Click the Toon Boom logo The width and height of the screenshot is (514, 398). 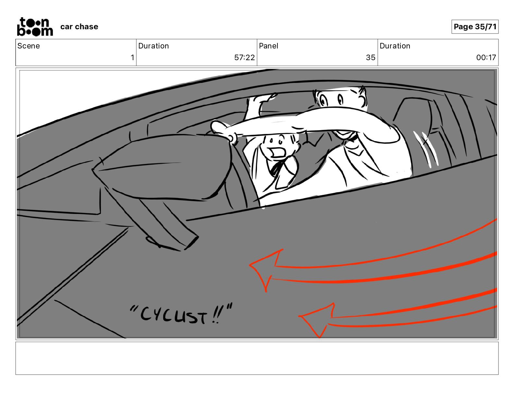coord(35,27)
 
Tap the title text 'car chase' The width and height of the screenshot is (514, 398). coord(79,27)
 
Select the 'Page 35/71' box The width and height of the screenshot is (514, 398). coord(475,27)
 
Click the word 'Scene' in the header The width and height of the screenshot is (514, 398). coord(28,46)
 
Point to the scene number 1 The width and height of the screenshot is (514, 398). coord(132,57)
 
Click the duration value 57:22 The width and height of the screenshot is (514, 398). coord(244,57)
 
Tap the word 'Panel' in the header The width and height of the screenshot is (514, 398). coord(268,46)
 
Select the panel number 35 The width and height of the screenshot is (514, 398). coord(371,57)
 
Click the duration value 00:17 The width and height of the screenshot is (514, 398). coord(486,57)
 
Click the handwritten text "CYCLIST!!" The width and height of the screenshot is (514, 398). coord(181,314)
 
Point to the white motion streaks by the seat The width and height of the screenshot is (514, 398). coord(426,149)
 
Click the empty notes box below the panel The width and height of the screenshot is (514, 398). coord(257,358)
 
